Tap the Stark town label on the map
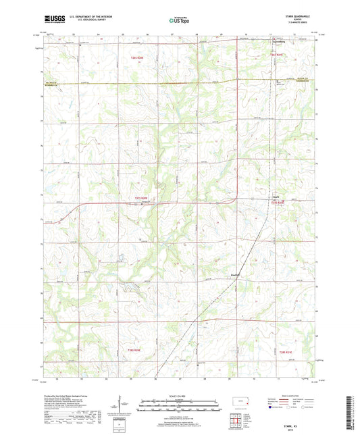275,197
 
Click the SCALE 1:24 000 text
180,396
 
